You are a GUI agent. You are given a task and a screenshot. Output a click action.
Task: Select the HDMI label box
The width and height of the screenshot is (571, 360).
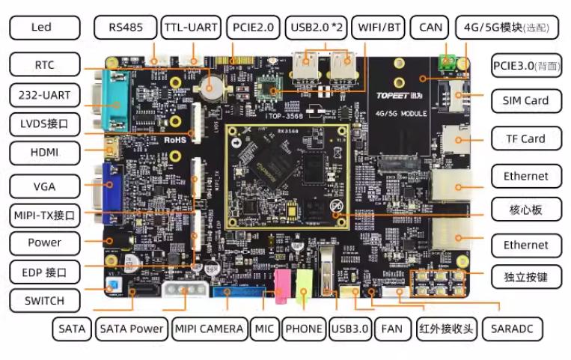pos(45,153)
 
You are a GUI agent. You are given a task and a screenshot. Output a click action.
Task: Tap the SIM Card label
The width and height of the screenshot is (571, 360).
pos(525,100)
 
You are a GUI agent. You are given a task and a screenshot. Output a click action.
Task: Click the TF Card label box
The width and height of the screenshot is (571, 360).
pos(525,138)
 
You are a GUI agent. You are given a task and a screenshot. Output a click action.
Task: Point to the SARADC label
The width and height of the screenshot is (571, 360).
pos(512,329)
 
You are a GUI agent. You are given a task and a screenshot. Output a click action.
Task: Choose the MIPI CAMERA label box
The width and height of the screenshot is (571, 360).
pos(209,329)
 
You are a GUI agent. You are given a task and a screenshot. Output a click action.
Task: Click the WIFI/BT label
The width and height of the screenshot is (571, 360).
pos(379,28)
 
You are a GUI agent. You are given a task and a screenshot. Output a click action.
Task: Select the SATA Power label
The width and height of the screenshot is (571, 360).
pos(132,329)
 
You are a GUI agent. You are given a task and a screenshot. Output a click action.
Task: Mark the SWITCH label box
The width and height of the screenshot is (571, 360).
pos(45,301)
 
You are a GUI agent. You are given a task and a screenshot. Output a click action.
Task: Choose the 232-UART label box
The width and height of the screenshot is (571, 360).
pos(45,95)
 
